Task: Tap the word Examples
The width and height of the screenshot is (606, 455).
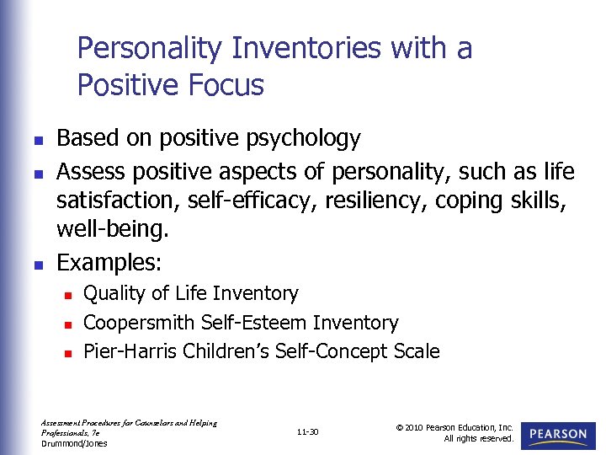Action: (x=106, y=262)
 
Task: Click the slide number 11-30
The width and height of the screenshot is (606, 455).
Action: (x=307, y=432)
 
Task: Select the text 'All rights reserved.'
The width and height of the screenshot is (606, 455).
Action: (x=479, y=438)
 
